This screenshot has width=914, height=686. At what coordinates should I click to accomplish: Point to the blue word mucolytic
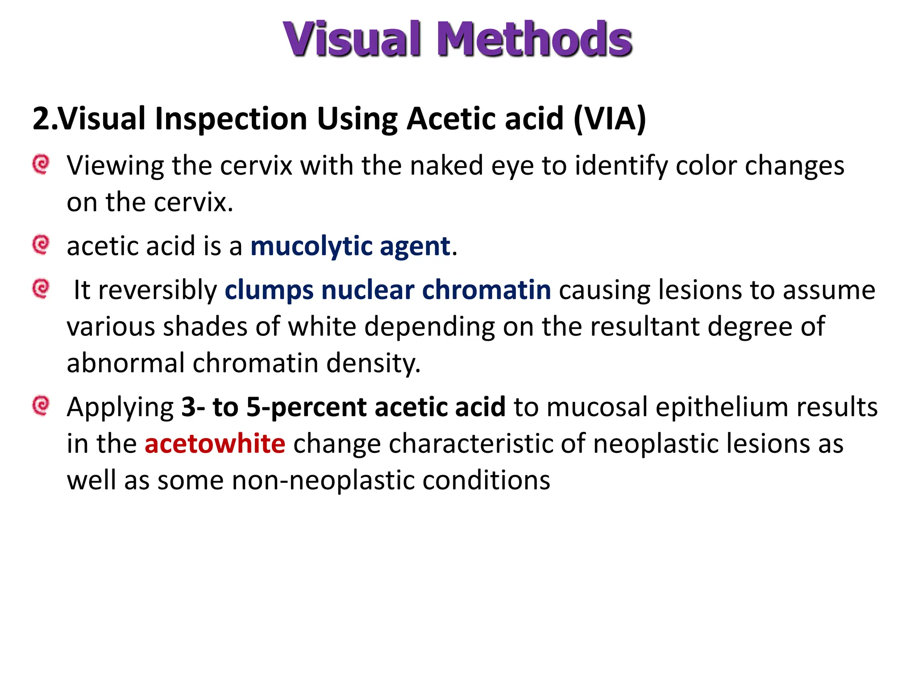[x=311, y=247]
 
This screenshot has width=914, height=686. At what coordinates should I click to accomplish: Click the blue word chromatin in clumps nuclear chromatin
[x=486, y=290]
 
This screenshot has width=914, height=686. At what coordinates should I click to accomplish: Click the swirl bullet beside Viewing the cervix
[x=41, y=164]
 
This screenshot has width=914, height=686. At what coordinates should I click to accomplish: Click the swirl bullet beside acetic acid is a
[x=41, y=245]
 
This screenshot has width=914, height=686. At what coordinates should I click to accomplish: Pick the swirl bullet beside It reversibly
[x=41, y=289]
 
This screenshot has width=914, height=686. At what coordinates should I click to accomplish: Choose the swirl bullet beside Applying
[x=41, y=406]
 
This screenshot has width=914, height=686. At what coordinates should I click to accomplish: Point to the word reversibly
[x=158, y=290]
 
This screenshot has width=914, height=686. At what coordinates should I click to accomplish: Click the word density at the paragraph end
[x=373, y=363]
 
